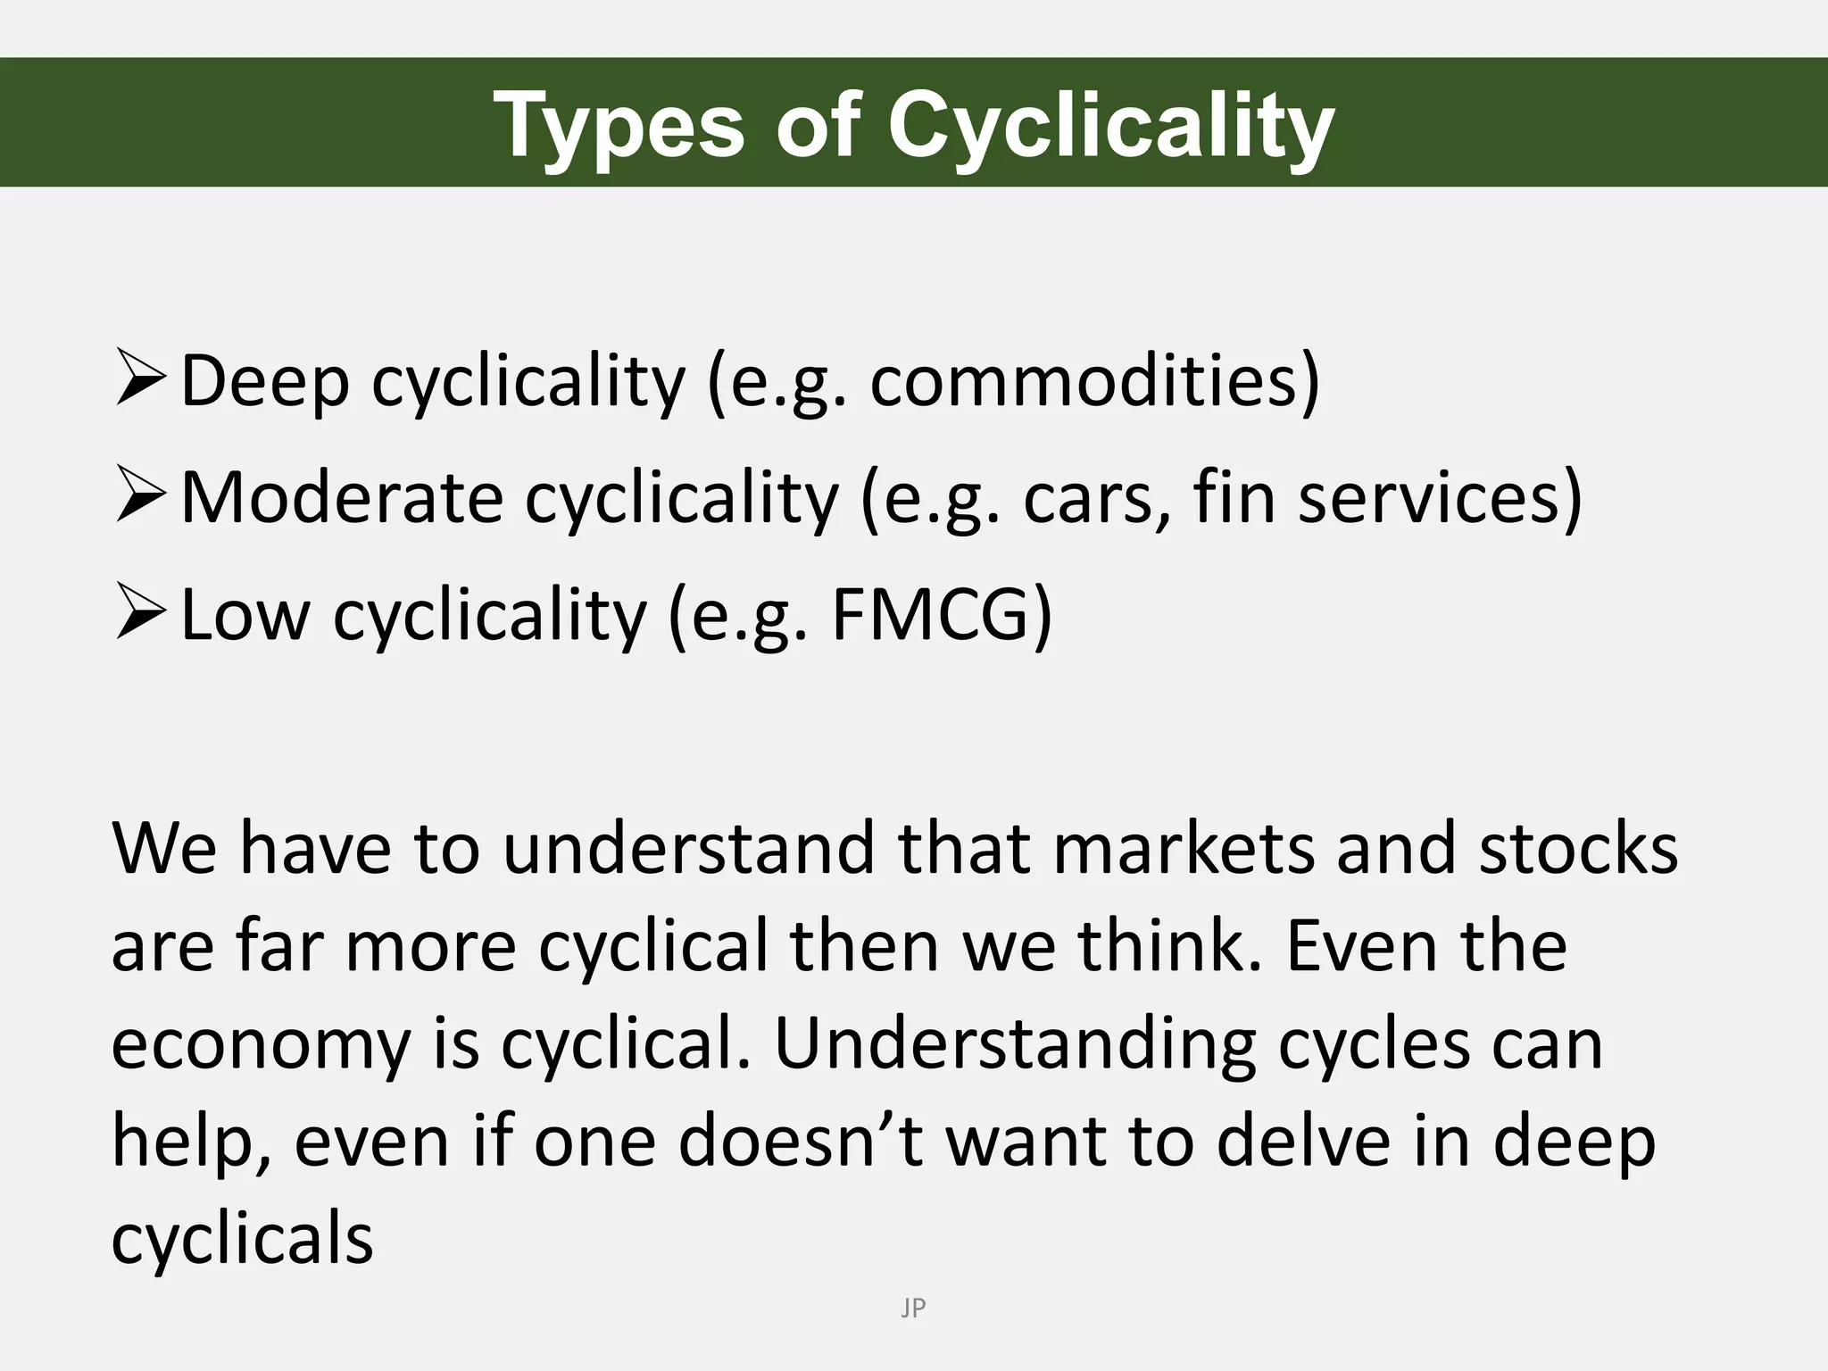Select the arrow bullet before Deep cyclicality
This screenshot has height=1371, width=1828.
coord(140,379)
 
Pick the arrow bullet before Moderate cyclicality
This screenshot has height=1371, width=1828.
coord(140,497)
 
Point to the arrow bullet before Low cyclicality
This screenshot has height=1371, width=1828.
coord(140,614)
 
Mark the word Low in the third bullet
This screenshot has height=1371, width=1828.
coord(245,615)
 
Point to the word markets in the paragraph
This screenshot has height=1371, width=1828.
coord(1184,848)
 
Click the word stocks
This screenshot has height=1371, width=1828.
coord(1578,848)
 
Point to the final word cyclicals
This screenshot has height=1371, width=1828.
coord(242,1241)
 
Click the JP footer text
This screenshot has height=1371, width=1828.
coord(913,1309)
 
